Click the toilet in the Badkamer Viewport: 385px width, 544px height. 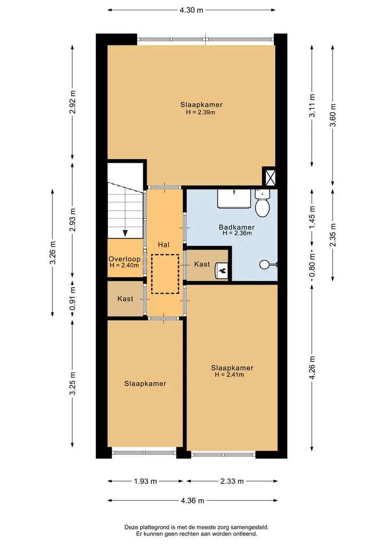point(263,203)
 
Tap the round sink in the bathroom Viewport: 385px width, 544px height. point(265,265)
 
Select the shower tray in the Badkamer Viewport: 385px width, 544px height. point(234,199)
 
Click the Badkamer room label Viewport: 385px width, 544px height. point(236,227)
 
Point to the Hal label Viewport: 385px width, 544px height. point(164,244)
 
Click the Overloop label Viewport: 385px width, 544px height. point(125,259)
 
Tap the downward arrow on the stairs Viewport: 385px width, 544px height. point(125,233)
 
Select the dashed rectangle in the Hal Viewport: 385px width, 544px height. point(165,274)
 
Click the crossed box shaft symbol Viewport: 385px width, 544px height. point(270,177)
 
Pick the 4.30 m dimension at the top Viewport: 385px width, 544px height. point(191,10)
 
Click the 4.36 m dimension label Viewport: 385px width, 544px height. point(192,500)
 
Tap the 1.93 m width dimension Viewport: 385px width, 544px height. point(145,481)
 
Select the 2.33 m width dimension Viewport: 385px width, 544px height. point(232,481)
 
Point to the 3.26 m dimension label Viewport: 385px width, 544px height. point(53,252)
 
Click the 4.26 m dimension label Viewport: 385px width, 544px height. point(312,368)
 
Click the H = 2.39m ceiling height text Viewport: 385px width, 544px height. point(201,112)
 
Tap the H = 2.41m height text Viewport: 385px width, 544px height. point(229,374)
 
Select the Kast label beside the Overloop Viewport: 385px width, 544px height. point(125,298)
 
